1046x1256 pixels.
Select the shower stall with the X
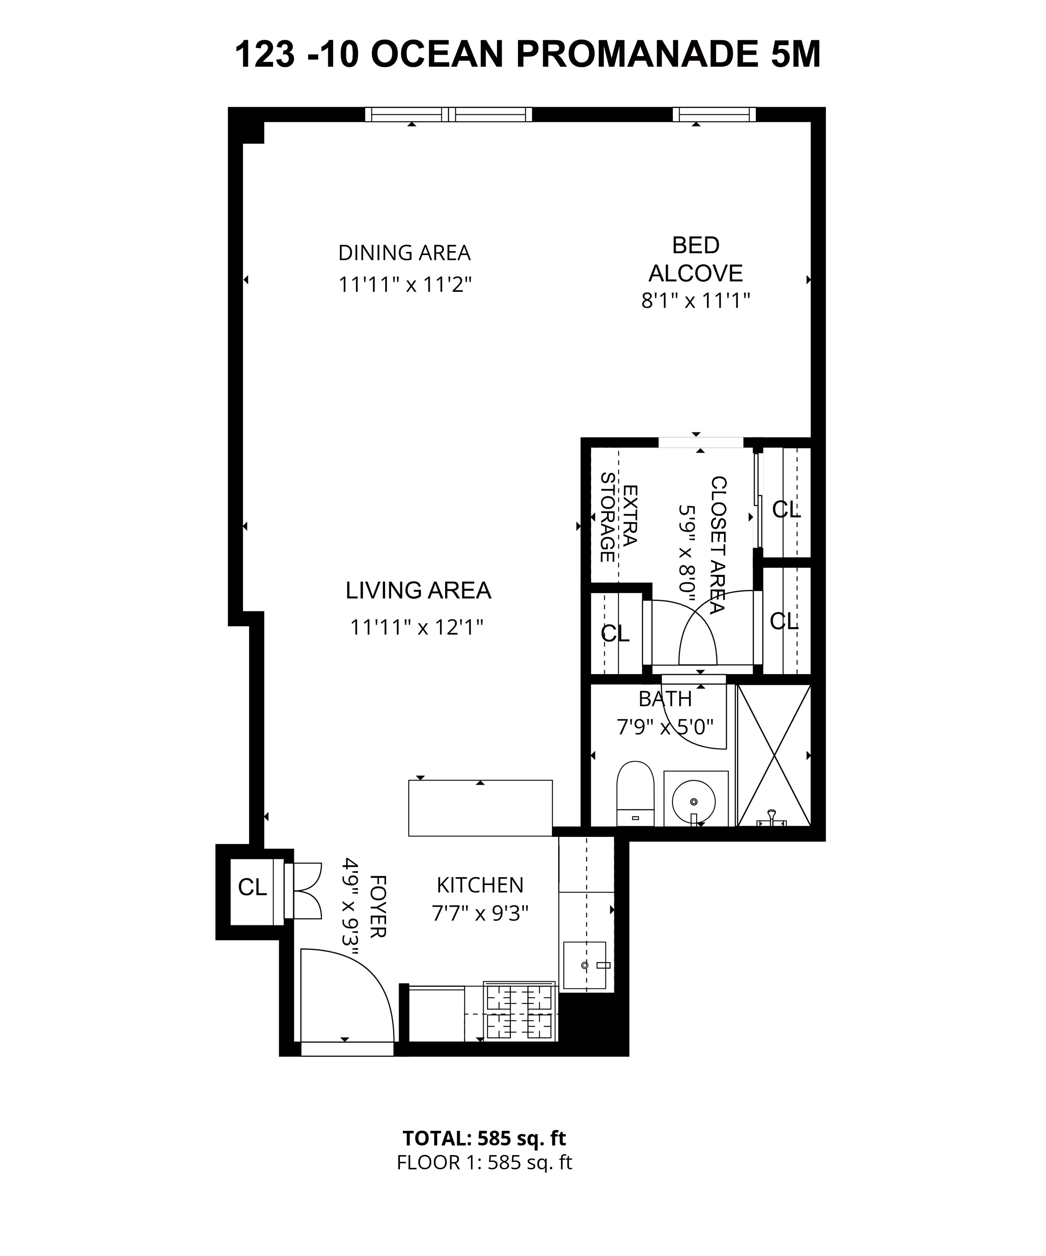774,755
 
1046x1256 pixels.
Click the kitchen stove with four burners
519,1012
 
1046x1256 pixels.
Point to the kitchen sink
585,965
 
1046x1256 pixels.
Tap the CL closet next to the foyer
252,888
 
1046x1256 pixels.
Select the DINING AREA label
404,253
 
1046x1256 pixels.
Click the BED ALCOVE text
696,259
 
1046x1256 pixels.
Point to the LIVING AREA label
418,590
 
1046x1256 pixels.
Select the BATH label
665,699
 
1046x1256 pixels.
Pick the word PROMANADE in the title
638,55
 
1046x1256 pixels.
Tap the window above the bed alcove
714,114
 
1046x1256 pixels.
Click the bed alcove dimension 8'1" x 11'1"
696,300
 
